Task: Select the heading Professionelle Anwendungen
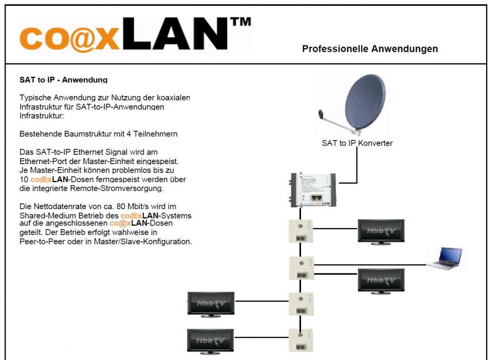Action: click(370, 49)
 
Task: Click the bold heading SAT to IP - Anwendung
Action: click(63, 79)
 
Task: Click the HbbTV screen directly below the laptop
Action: click(381, 281)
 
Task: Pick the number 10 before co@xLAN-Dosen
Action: click(23, 180)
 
